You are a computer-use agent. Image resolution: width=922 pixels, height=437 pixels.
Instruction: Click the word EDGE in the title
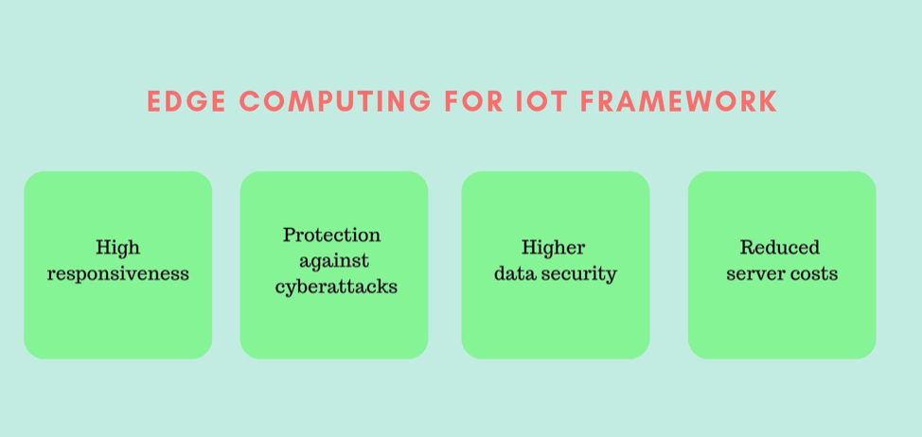tap(186, 101)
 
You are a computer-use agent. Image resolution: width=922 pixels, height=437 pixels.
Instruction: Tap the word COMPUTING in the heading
tap(334, 101)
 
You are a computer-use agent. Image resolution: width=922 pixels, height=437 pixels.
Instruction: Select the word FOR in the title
tap(473, 101)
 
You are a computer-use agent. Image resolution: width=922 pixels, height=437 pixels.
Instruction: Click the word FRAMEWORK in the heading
tap(679, 101)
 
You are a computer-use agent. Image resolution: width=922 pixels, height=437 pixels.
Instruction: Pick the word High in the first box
tap(118, 247)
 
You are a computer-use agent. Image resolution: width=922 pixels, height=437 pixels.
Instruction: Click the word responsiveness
tap(118, 273)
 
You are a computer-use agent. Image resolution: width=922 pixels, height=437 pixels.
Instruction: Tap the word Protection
tap(331, 235)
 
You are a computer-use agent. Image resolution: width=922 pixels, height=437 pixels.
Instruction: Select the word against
tap(334, 261)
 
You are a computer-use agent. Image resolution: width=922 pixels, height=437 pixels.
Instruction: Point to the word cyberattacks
tap(336, 286)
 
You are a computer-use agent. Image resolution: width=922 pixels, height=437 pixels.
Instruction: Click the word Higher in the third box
tap(554, 247)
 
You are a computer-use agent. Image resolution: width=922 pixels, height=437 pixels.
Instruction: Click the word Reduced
tap(780, 247)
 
